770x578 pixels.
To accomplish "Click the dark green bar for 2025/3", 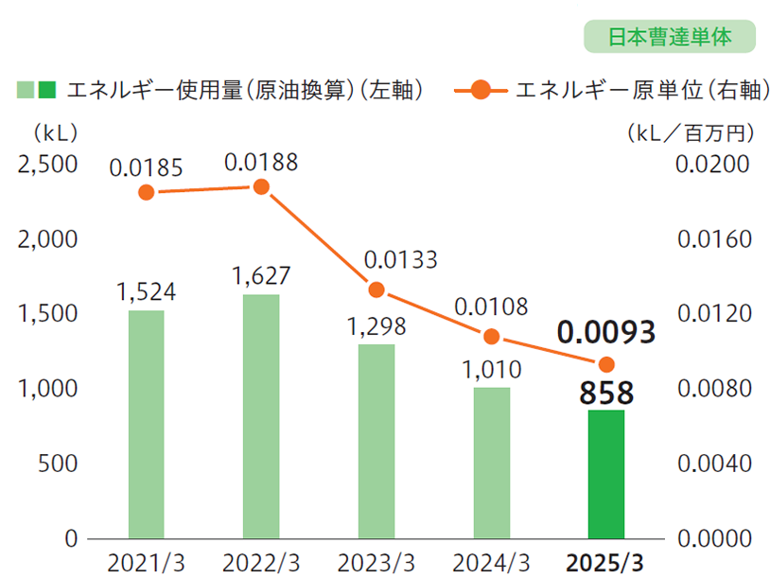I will pyautogui.click(x=606, y=474).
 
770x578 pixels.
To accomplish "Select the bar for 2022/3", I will pyautogui.click(x=261, y=416).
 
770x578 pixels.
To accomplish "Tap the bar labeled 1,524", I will pyautogui.click(x=147, y=424).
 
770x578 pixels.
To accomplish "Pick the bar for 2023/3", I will pyautogui.click(x=376, y=441).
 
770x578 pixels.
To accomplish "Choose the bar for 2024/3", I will pyautogui.click(x=492, y=463).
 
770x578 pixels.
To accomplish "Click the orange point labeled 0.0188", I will pyautogui.click(x=262, y=187).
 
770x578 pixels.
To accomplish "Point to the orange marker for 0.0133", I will pyautogui.click(x=376, y=289).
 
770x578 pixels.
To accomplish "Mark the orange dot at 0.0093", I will pyautogui.click(x=606, y=365).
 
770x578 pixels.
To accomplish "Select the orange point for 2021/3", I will pyautogui.click(x=147, y=192).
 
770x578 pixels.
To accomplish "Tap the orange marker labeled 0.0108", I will pyautogui.click(x=492, y=336).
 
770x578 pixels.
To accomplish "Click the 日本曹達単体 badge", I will pyautogui.click(x=670, y=37).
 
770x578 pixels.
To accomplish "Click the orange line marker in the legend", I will pyautogui.click(x=480, y=91).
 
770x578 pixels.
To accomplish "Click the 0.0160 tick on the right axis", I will pyautogui.click(x=713, y=239).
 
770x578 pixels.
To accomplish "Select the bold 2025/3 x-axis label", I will pyautogui.click(x=606, y=562).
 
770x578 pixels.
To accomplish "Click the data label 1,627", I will pyautogui.click(x=261, y=276).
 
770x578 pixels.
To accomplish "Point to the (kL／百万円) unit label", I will pyautogui.click(x=690, y=132).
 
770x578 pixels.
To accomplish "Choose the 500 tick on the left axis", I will pyautogui.click(x=59, y=464).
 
